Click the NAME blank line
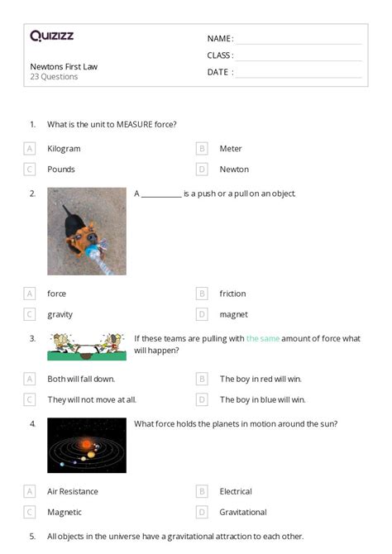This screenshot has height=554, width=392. click(x=299, y=40)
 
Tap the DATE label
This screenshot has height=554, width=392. click(x=218, y=72)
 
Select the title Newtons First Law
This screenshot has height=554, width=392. click(x=64, y=66)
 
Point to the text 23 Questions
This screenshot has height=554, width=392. click(x=55, y=77)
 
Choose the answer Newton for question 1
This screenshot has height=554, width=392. click(x=234, y=169)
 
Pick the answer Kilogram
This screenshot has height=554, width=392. click(x=64, y=149)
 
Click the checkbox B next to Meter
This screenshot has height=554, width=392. click(x=201, y=149)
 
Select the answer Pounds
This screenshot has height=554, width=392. click(x=61, y=169)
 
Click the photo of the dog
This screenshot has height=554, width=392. click(x=87, y=231)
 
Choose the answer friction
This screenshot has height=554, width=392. click(x=232, y=294)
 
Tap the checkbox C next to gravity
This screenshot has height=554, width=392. click(x=30, y=314)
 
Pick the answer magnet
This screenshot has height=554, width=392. click(x=233, y=314)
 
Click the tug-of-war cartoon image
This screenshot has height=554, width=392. click(x=87, y=346)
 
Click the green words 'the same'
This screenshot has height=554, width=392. click(x=263, y=338)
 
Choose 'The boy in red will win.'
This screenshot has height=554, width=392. click(x=261, y=379)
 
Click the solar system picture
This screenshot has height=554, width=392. click(x=87, y=445)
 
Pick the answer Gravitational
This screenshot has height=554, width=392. click(x=243, y=512)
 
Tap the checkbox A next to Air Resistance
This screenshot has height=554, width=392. click(x=30, y=491)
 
